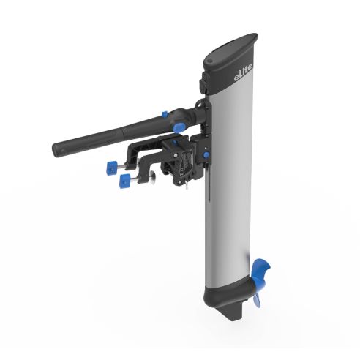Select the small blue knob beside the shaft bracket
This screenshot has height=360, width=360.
(x=207, y=154)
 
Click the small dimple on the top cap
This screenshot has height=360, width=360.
(x=212, y=54)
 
